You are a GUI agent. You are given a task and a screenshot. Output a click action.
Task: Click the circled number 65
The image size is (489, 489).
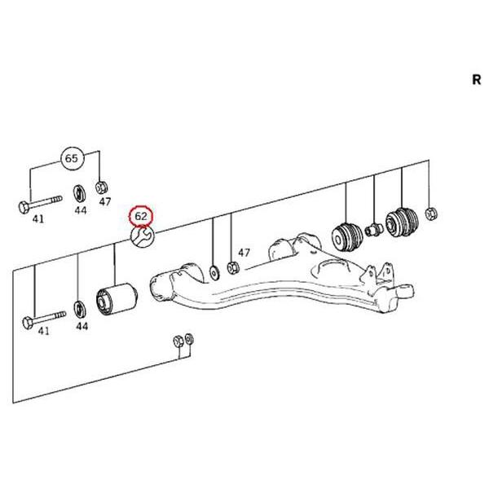click(71, 158)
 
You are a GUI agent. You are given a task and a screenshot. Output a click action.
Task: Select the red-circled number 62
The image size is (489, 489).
click(141, 216)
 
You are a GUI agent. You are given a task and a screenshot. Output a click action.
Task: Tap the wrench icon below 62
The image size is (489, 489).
click(143, 236)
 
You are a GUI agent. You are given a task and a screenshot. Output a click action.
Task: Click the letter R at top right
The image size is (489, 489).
click(476, 80)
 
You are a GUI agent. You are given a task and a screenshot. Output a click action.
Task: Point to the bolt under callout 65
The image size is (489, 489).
click(40, 203)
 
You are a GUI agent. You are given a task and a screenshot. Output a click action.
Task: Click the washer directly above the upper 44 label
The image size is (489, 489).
click(80, 194)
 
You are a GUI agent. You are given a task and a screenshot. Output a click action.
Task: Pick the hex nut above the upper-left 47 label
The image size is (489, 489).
click(102, 187)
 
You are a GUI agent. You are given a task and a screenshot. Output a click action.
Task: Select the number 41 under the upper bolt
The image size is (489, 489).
click(38, 219)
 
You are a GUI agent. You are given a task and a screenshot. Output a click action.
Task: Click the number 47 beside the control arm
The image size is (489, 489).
click(244, 253)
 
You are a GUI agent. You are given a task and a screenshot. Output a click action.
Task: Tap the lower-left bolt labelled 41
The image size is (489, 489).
click(44, 319)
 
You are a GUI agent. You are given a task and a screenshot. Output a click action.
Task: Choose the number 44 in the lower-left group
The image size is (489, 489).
click(81, 327)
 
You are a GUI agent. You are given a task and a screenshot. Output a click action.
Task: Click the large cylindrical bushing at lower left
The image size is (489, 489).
click(117, 299)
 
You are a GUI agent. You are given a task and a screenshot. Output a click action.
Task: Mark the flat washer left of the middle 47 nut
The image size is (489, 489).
click(214, 272)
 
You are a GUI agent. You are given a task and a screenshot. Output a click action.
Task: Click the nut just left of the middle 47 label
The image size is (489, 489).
click(233, 268)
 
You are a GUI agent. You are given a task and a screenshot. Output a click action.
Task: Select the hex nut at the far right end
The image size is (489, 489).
click(431, 214)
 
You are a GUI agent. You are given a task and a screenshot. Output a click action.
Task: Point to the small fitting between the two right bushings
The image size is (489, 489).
click(374, 230)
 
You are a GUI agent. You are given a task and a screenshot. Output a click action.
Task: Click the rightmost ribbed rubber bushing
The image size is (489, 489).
click(402, 222)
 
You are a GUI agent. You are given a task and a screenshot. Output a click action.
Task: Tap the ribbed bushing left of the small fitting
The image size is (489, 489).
click(347, 236)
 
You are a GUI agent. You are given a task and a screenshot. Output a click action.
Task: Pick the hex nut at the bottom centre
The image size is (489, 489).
click(178, 341)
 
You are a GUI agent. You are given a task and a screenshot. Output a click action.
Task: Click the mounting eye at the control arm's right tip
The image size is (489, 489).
click(405, 292)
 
